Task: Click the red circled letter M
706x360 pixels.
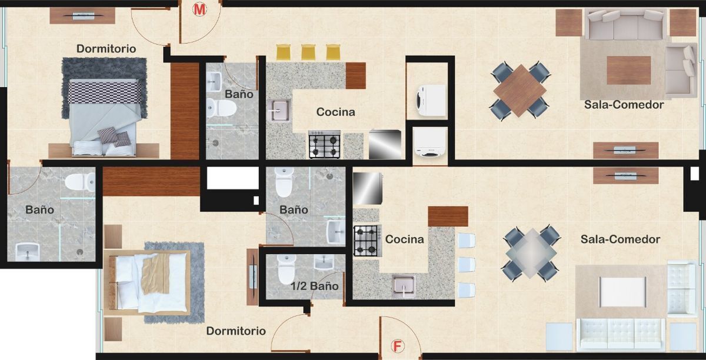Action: click(199, 10)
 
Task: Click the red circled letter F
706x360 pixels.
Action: click(398, 346)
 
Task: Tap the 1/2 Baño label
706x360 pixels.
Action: click(315, 286)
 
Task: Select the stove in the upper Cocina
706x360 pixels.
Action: click(325, 144)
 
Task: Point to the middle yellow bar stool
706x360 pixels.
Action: click(308, 52)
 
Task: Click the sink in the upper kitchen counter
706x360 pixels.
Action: click(279, 111)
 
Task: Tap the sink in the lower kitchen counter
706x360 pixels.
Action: click(404, 286)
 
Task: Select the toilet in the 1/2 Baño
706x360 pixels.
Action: click(286, 269)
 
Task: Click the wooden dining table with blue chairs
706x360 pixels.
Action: click(519, 91)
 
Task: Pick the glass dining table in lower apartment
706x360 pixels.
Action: click(531, 253)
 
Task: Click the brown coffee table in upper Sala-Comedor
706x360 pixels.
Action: click(629, 71)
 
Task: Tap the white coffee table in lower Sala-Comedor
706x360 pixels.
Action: click(623, 292)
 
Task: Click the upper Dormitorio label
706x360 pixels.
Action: click(106, 49)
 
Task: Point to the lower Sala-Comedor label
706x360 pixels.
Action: click(620, 239)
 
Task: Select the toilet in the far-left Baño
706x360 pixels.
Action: click(80, 182)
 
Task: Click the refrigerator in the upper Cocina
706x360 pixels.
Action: click(385, 144)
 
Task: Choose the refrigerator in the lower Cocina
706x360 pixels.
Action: click(368, 188)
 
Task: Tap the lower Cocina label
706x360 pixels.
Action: click(404, 239)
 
